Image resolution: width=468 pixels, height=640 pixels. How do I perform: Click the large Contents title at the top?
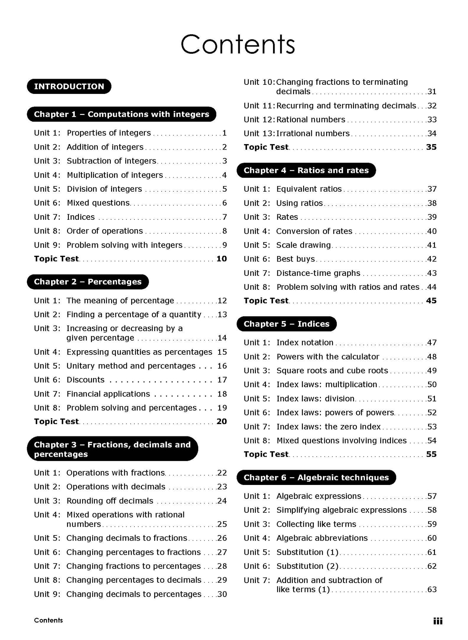237,44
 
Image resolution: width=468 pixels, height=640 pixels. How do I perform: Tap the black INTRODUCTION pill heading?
69,86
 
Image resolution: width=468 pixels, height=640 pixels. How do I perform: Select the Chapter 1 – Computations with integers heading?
121,114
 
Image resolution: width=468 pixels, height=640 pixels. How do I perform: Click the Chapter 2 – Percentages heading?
87,282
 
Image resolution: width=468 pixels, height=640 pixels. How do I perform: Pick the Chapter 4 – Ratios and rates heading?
306,170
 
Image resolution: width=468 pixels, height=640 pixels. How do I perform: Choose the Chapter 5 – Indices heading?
286,324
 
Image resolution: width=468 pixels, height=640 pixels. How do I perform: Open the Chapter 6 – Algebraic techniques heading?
316,477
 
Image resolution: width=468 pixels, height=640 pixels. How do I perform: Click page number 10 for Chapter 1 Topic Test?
222,259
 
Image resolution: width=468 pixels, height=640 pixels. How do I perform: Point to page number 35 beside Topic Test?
431,147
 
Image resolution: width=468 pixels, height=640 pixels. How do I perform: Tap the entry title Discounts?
86,380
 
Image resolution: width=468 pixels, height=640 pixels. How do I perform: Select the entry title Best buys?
295,259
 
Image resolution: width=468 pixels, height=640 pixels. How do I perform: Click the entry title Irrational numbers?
313,133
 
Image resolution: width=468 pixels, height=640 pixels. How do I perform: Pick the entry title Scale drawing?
303,245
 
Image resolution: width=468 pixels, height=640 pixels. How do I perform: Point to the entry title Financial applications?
108,394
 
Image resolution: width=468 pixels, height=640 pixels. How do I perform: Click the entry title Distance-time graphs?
318,273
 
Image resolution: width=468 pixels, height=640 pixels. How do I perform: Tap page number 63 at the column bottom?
432,589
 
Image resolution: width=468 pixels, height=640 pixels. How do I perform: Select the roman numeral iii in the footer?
438,621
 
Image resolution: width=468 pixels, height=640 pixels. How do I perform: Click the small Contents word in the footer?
48,620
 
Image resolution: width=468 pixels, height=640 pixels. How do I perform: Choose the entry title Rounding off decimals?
110,501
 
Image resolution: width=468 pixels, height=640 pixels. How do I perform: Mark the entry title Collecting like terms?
316,524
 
